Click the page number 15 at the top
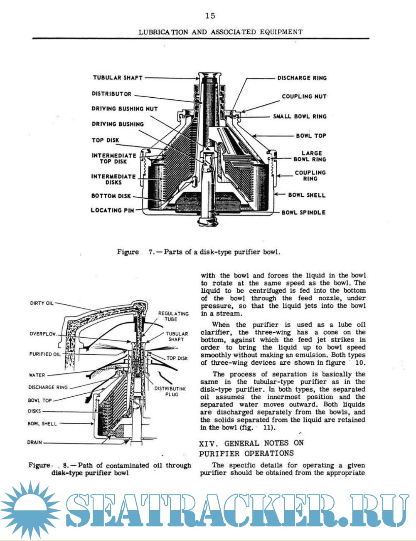click(210, 16)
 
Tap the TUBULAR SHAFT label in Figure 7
click(118, 78)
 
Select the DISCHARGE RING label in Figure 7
click(302, 78)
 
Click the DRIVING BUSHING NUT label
click(125, 109)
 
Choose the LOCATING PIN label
click(112, 210)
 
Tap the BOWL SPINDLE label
click(303, 212)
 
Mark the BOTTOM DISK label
click(111, 196)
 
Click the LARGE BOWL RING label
click(310, 156)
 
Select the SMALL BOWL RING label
click(300, 116)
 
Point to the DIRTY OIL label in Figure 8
click(42, 304)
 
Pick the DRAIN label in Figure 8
click(34, 442)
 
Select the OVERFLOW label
click(42, 334)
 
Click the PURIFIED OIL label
click(45, 354)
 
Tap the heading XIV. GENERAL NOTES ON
click(252, 443)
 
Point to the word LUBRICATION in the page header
click(163, 32)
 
